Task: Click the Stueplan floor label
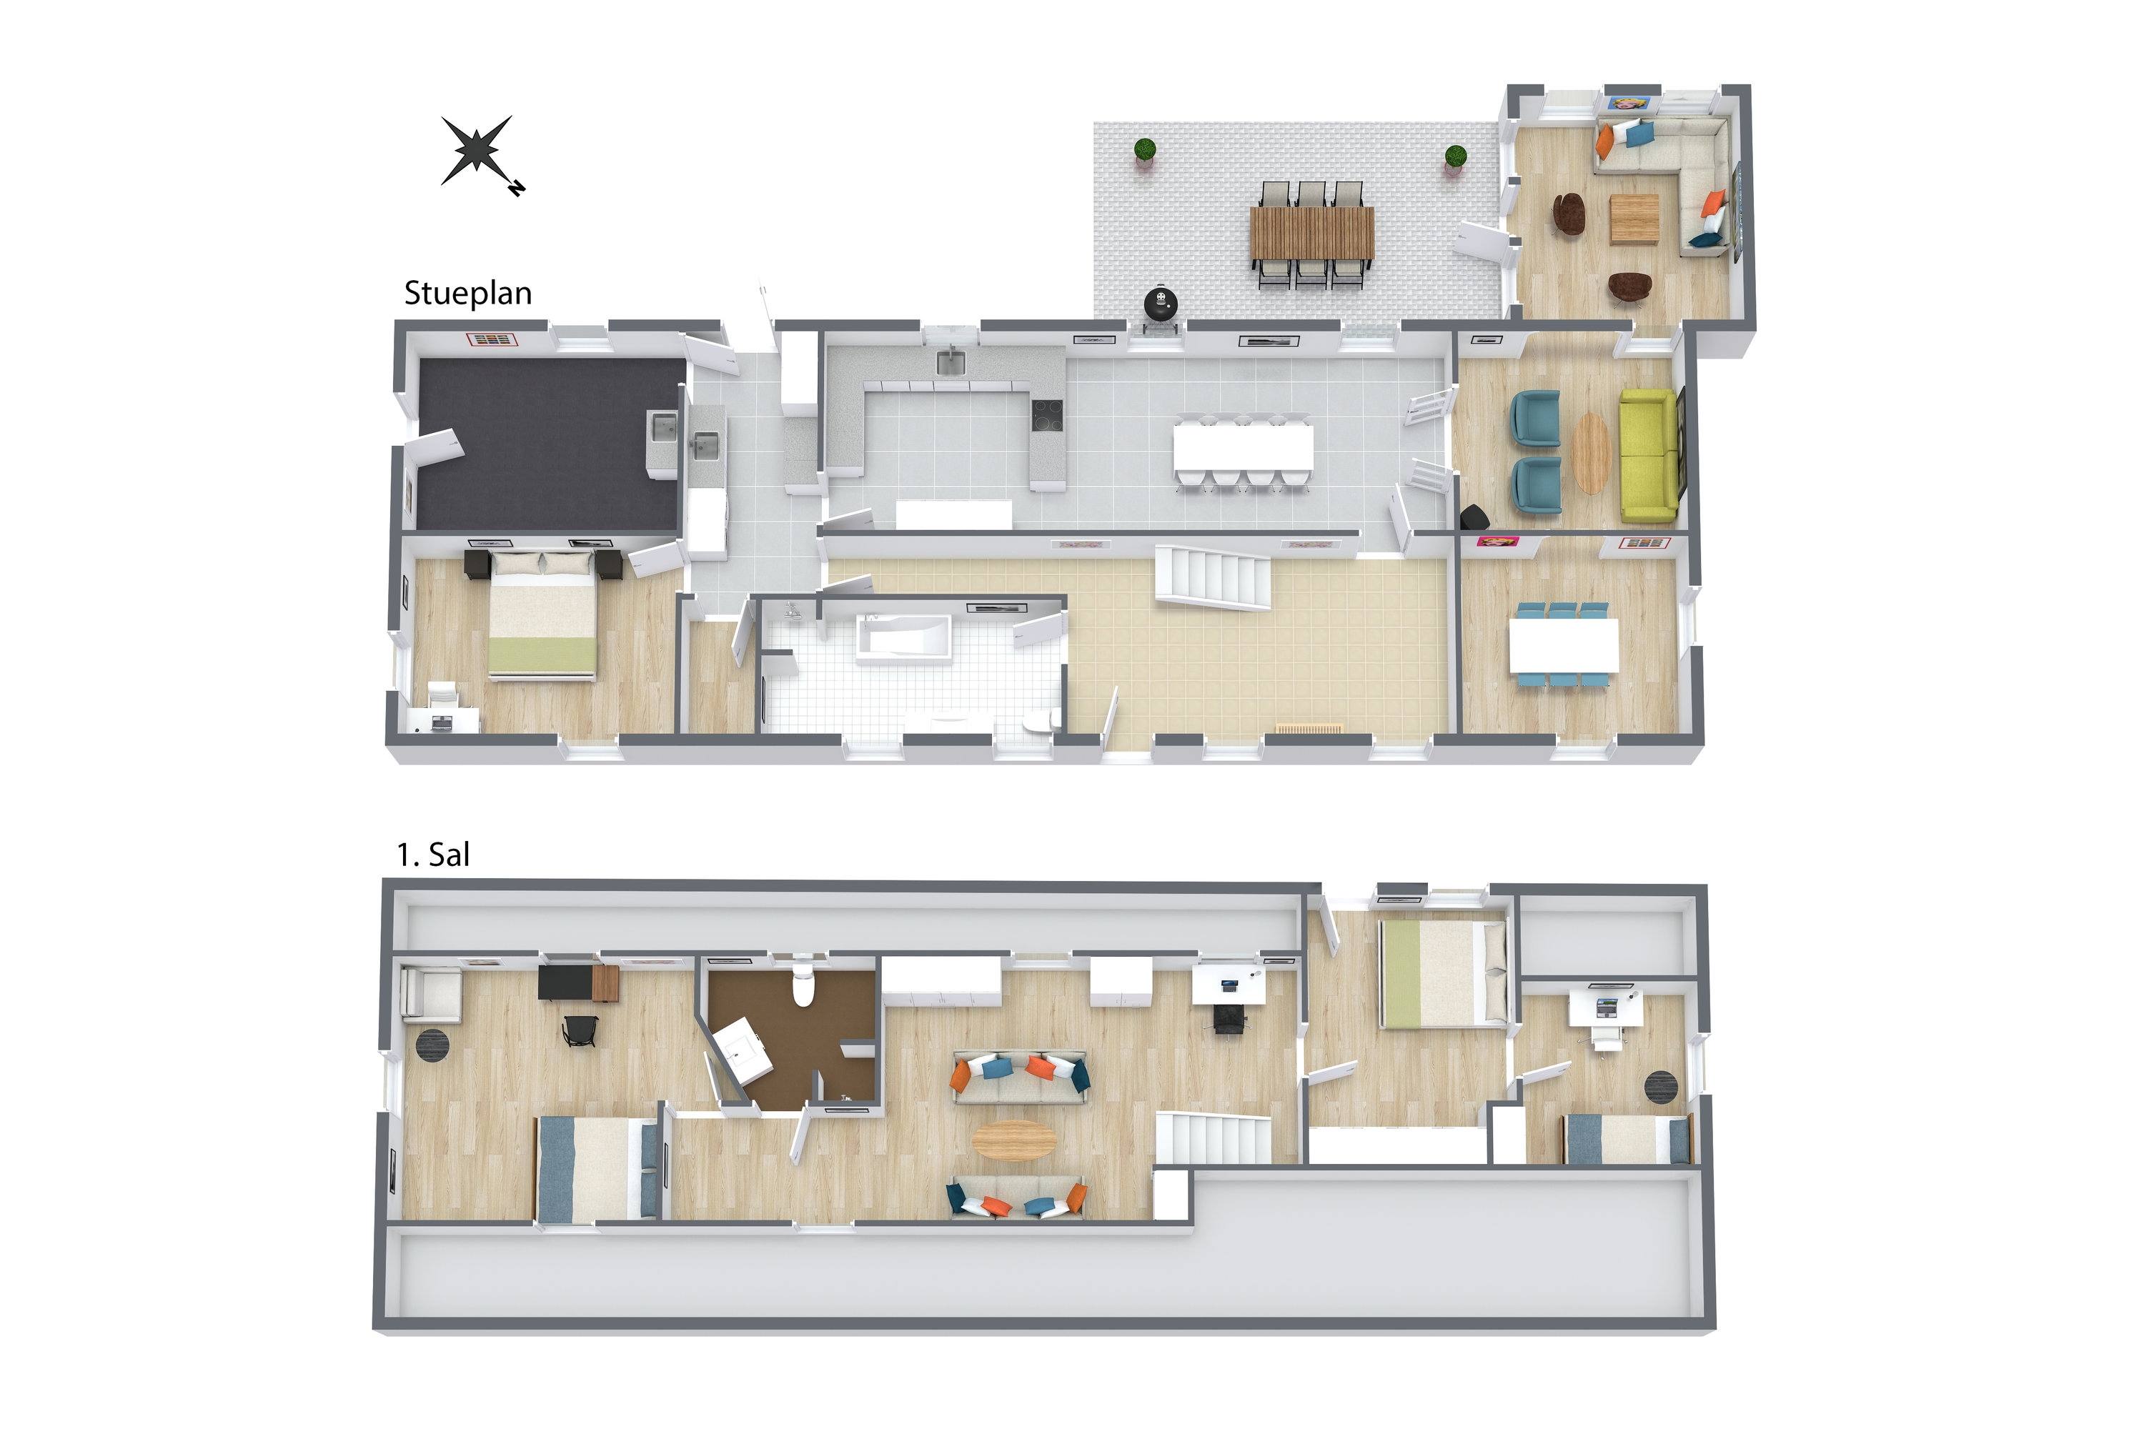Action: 467,294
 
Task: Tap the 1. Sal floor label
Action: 433,855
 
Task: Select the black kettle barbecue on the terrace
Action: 1161,304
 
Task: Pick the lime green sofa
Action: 1648,456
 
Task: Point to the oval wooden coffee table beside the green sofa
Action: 1592,453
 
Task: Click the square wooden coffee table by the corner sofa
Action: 1634,219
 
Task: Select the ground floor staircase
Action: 1214,577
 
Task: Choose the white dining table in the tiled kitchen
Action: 1244,447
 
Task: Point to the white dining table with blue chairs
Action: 1564,646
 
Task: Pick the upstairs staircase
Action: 1214,1139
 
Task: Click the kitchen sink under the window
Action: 950,362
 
